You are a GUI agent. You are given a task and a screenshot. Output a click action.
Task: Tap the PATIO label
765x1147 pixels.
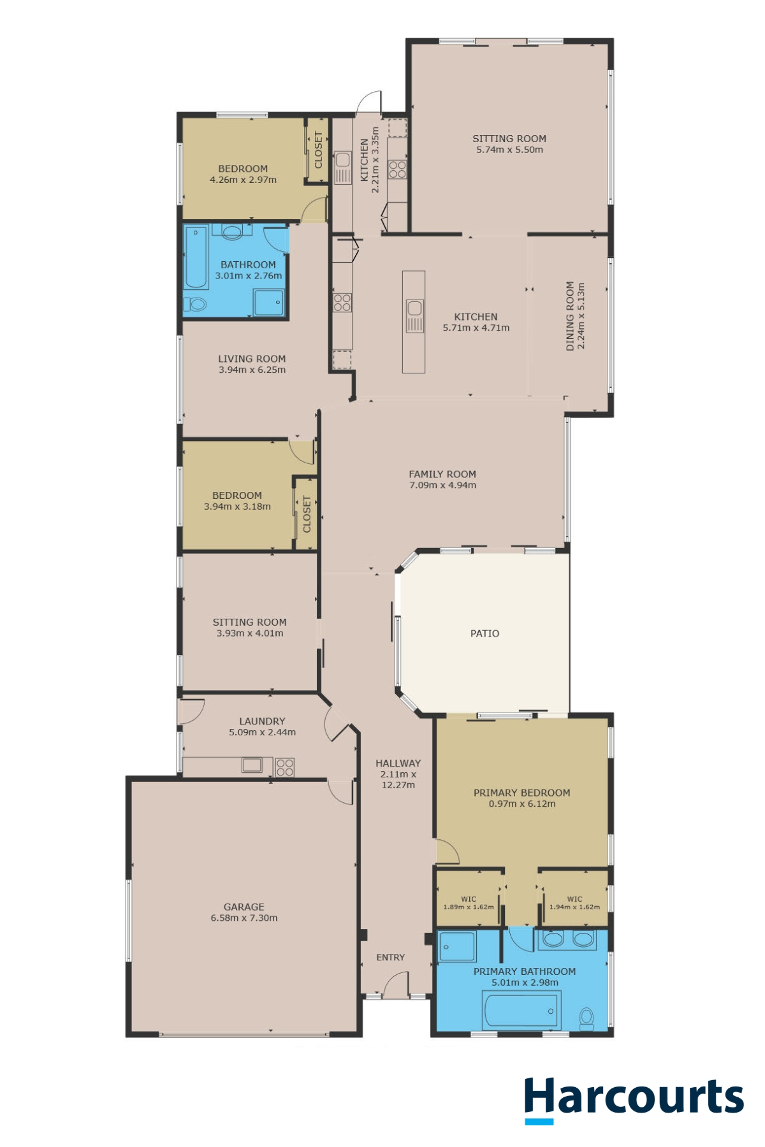pyautogui.click(x=484, y=633)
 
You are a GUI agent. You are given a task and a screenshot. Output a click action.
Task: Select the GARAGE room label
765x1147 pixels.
pyautogui.click(x=244, y=907)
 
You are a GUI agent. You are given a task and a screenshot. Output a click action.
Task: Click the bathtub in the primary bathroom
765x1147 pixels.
pyautogui.click(x=522, y=1011)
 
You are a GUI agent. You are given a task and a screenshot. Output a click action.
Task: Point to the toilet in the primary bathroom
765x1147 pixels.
pyautogui.click(x=586, y=1018)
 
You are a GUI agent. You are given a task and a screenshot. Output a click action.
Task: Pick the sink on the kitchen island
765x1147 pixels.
pyautogui.click(x=414, y=316)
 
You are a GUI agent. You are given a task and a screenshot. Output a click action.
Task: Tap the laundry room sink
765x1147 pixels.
pyautogui.click(x=252, y=765)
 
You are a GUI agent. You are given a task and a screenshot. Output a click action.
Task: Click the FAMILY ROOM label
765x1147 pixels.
pyautogui.click(x=442, y=474)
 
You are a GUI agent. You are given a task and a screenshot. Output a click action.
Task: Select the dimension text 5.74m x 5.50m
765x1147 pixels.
pyautogui.click(x=509, y=150)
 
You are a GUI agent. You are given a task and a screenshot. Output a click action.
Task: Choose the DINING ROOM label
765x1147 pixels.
pyautogui.click(x=570, y=316)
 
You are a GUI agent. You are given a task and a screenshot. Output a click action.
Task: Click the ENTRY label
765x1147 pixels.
pyautogui.click(x=390, y=957)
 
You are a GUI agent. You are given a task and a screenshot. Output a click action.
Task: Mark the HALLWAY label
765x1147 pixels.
pyautogui.click(x=398, y=763)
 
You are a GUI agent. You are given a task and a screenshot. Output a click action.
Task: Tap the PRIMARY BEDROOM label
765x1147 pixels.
pyautogui.click(x=521, y=793)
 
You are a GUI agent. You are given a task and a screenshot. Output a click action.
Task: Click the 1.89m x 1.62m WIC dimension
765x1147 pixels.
pyautogui.click(x=469, y=907)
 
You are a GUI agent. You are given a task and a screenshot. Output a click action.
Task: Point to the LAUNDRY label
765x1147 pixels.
pyautogui.click(x=262, y=721)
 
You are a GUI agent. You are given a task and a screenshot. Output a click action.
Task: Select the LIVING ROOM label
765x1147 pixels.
pyautogui.click(x=252, y=359)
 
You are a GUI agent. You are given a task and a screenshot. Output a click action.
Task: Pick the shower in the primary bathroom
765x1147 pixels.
pyautogui.click(x=457, y=946)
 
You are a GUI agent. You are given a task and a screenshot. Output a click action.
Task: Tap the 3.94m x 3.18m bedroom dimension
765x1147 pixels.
pyautogui.click(x=237, y=507)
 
